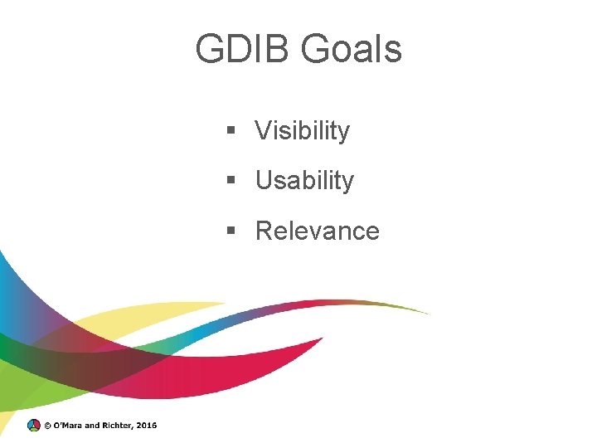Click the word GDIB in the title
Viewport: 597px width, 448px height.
point(243,49)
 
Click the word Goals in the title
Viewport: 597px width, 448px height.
point(352,49)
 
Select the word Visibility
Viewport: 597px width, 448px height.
point(303,131)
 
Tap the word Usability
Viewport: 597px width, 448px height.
point(304,181)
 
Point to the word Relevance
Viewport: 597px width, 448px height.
point(318,231)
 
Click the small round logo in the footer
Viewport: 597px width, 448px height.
point(33,426)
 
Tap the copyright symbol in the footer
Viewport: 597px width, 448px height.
point(47,426)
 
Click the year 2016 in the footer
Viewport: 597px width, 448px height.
point(146,426)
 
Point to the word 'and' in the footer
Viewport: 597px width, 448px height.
point(91,426)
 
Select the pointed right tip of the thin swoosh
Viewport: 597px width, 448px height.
point(428,313)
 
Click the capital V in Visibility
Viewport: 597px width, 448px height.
point(263,131)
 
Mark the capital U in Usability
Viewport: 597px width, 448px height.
point(264,181)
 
